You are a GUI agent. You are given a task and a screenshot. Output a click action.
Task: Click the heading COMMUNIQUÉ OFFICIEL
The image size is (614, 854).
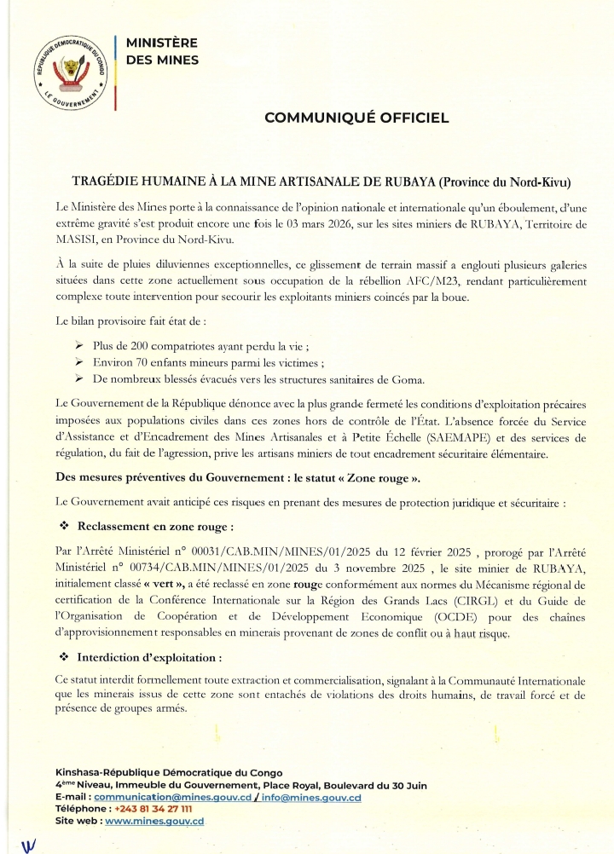(x=356, y=118)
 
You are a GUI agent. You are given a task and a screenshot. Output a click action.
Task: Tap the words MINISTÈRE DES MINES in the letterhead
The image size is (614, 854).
(x=162, y=51)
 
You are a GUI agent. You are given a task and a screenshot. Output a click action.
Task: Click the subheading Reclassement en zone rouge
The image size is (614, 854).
(x=155, y=528)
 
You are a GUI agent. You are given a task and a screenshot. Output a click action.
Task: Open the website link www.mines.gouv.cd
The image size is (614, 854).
(x=154, y=821)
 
